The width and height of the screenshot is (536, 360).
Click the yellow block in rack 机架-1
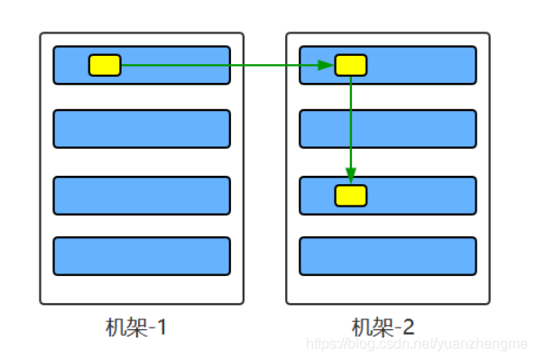coord(105,65)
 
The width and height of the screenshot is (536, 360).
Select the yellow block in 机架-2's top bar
coord(351,65)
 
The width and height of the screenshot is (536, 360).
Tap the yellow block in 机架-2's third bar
coord(351,195)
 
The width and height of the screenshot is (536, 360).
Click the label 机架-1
coord(136,327)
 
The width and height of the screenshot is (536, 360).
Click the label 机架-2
coord(383,327)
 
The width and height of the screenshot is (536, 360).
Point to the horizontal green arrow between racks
coord(226,65)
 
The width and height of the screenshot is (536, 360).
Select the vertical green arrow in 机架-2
coord(351,126)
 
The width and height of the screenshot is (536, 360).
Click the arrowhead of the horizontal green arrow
coord(328,65)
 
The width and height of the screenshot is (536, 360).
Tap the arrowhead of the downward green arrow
coord(351,178)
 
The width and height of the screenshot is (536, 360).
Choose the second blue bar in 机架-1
coord(142,129)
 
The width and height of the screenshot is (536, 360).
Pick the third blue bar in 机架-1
coord(142,196)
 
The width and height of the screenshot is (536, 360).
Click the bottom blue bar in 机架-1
coord(142,256)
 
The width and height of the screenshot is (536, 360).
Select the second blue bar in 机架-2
coord(387,129)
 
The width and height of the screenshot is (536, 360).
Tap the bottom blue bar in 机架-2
coord(387,256)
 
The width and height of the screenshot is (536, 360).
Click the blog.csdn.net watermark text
coord(416,345)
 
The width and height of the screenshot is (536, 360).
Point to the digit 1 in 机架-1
coord(162,327)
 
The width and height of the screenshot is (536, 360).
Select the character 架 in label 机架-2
coord(382,327)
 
